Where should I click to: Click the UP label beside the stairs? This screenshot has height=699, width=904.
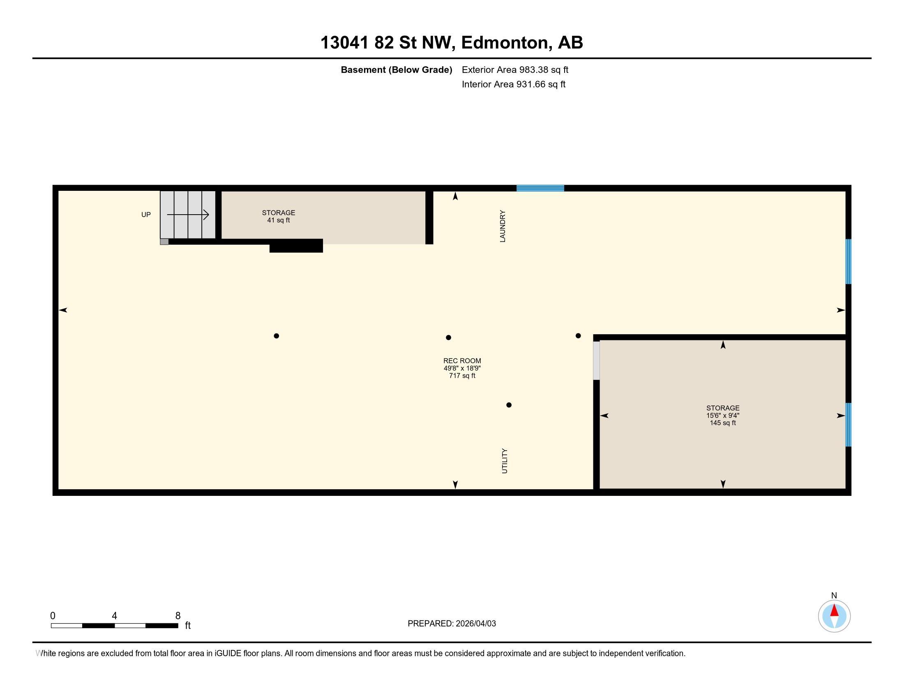tap(146, 215)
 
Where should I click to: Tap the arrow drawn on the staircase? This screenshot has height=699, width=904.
tap(188, 215)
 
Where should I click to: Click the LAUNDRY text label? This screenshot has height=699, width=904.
tap(503, 226)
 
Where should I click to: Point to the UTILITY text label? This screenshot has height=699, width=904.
tap(504, 461)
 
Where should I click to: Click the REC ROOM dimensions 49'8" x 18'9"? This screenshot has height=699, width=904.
tap(462, 368)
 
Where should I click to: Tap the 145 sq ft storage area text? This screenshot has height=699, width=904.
tap(723, 423)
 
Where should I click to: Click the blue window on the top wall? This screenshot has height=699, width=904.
tap(540, 188)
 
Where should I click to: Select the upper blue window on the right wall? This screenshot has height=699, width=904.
tap(848, 261)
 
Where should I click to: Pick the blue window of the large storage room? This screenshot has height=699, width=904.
tap(848, 424)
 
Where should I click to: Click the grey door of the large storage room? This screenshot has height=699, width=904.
tap(597, 360)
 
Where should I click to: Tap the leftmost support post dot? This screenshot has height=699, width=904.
tap(277, 336)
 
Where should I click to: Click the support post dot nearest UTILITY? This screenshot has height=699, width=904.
tap(509, 405)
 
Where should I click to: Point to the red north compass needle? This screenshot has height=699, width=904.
tap(835, 610)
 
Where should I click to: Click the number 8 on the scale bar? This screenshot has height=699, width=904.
tap(178, 616)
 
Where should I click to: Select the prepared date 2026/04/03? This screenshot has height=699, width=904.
tap(475, 624)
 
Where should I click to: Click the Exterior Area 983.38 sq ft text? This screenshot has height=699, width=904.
tap(515, 70)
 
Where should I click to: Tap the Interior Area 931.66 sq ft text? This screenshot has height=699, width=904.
tap(513, 84)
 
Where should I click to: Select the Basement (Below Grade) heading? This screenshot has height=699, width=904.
tap(396, 70)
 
